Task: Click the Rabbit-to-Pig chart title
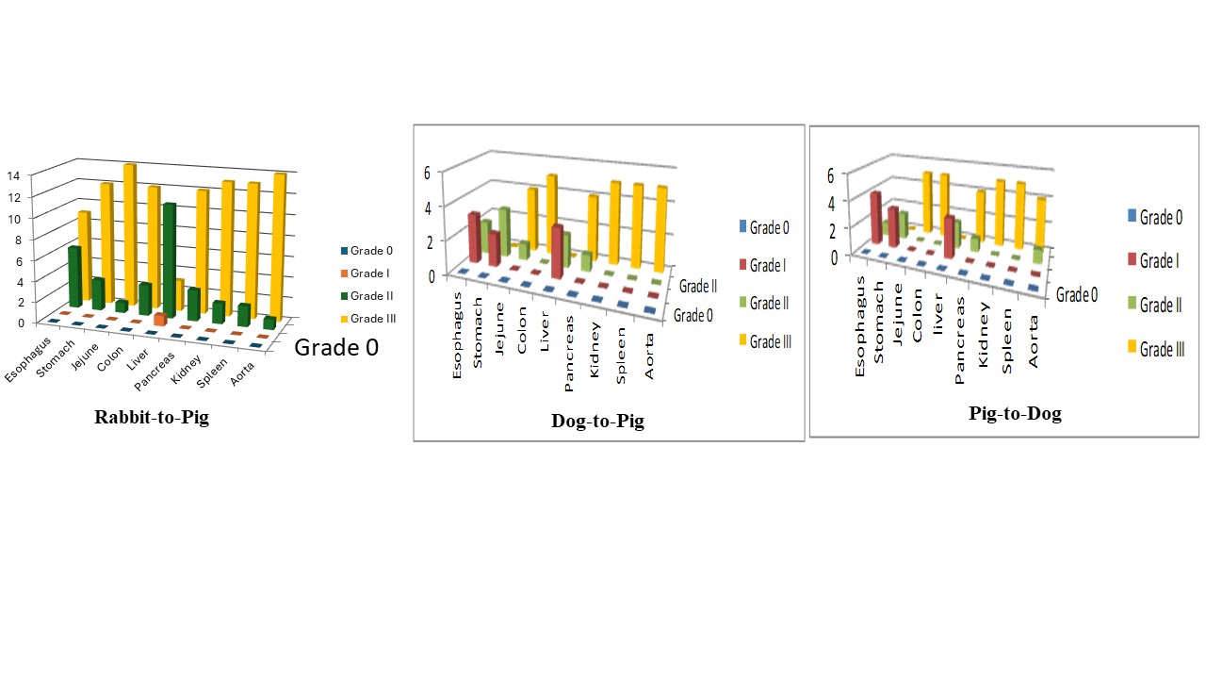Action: (152, 417)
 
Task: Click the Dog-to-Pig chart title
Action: (597, 421)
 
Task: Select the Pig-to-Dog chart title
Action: (1015, 413)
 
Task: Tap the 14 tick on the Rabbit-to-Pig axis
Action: (13, 174)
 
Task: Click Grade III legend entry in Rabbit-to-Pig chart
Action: (372, 319)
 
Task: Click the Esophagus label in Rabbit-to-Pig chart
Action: (25, 362)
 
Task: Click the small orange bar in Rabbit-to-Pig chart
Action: (161, 320)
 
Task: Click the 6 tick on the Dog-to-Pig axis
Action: (426, 172)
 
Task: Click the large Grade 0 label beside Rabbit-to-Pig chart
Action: (336, 347)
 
